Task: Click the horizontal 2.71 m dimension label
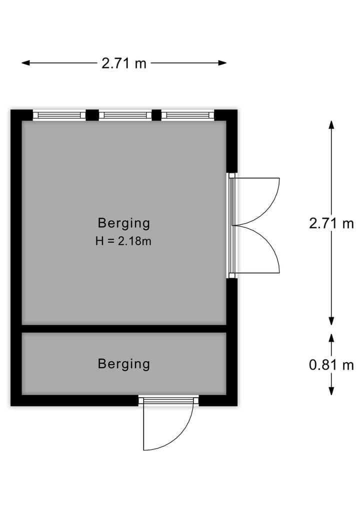coord(124,63)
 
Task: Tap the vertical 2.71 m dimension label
coord(331,224)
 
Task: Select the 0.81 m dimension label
coord(331,365)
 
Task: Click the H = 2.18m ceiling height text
coord(123,241)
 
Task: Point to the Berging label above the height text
coord(124,223)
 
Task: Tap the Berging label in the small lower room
coord(124,364)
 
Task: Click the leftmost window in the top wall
coord(59,115)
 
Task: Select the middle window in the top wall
coord(125,115)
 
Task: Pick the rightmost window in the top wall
coord(188,115)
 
